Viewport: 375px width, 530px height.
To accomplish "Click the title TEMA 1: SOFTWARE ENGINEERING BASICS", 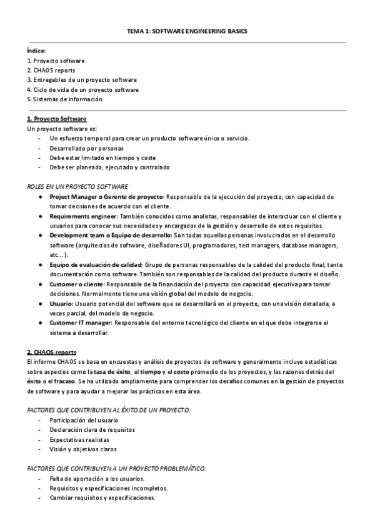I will pos(187,29).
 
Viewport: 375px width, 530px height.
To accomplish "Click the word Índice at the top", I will pos(36,51).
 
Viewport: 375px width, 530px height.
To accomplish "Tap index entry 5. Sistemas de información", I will pos(64,99).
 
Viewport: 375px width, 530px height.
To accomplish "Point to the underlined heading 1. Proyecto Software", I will pos(57,119).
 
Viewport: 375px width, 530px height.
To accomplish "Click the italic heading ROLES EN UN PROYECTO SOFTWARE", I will pos(77,186).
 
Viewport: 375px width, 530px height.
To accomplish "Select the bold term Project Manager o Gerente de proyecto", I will pos(107,196).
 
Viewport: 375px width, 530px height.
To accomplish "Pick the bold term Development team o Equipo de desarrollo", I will pos(111,235).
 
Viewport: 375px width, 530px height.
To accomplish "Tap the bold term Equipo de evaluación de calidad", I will pos(97,264).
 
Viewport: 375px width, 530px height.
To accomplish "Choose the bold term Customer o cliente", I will pos(77,284).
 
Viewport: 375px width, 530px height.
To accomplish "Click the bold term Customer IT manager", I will pos(81,322).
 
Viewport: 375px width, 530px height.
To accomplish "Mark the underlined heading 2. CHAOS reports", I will pos(52,352).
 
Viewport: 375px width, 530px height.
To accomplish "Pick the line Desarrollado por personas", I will pos(86,148).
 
